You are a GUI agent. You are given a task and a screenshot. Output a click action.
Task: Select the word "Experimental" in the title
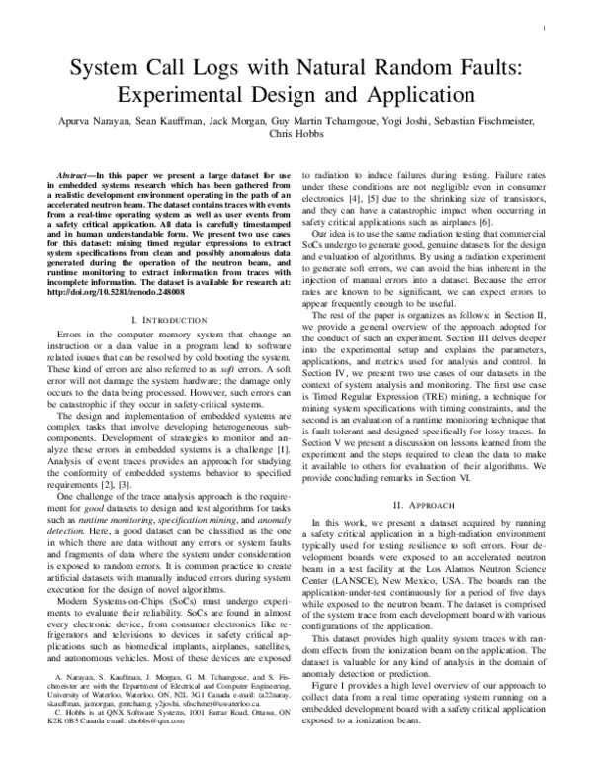point(188,97)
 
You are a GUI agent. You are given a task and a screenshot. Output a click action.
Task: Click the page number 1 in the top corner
point(545,29)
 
